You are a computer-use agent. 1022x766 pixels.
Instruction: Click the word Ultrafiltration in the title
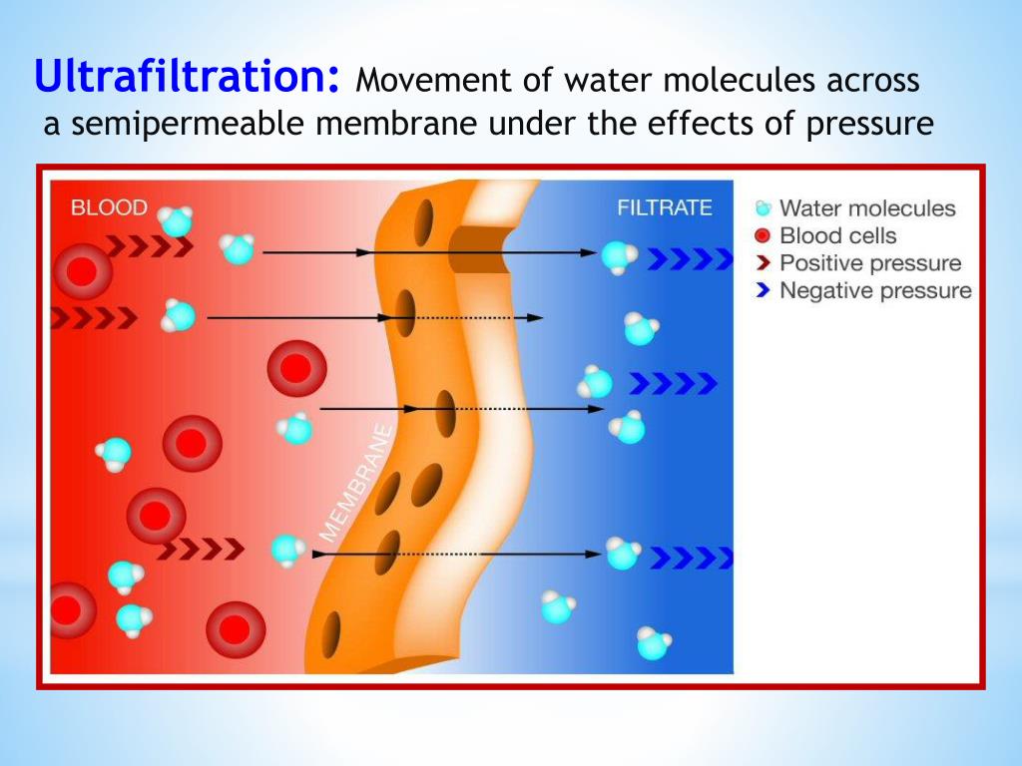point(187,76)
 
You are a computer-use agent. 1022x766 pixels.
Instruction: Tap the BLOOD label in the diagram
point(109,207)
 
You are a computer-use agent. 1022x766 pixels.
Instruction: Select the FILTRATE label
point(664,207)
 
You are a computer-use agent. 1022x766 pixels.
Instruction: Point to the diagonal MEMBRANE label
point(358,483)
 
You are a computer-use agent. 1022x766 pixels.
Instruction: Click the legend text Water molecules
point(867,208)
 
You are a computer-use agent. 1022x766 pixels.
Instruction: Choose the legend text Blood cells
point(838,235)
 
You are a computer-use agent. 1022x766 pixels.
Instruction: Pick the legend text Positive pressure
point(870,263)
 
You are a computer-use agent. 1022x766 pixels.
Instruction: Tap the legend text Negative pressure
point(876,290)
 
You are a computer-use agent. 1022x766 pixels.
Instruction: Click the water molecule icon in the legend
point(763,208)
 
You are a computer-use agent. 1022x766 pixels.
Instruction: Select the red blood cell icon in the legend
point(762,235)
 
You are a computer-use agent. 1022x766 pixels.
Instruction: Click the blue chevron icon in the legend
point(763,290)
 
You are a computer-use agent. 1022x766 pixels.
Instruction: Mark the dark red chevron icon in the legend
point(763,263)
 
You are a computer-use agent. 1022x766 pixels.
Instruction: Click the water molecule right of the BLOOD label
point(176,221)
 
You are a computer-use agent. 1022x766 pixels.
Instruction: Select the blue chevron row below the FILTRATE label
point(691,258)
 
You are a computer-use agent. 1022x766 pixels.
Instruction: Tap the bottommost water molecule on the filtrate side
point(654,643)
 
